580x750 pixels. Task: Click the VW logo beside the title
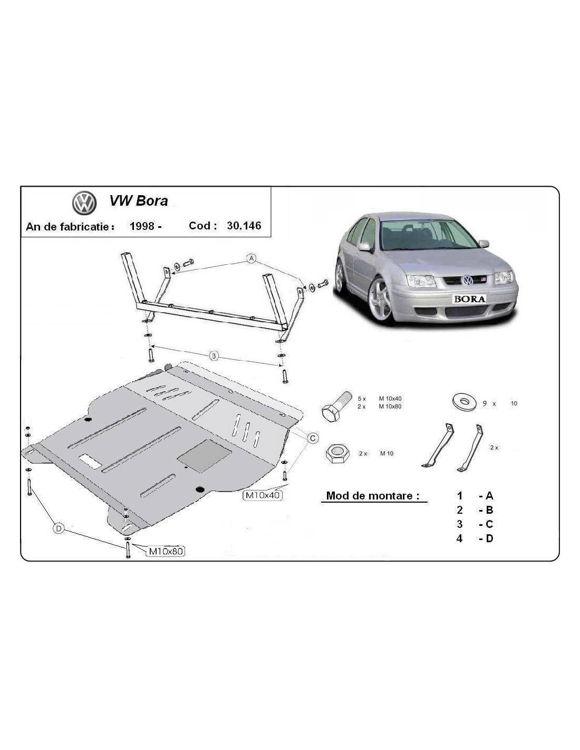click(84, 203)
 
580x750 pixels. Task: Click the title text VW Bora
click(138, 201)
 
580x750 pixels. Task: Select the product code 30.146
click(244, 226)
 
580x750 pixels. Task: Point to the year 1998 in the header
click(142, 226)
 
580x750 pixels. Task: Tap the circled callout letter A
click(252, 258)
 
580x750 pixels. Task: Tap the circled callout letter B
click(214, 356)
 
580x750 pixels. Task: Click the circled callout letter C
click(313, 438)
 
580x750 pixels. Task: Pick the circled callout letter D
click(59, 528)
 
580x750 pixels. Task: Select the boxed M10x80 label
click(166, 551)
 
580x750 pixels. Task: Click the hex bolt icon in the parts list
click(336, 407)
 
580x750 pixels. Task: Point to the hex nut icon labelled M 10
click(337, 454)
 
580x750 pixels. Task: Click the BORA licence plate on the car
click(469, 299)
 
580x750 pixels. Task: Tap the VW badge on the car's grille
click(468, 280)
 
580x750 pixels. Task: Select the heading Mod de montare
click(373, 496)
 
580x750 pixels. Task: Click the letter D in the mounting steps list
click(489, 538)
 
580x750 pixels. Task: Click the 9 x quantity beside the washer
click(489, 403)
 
